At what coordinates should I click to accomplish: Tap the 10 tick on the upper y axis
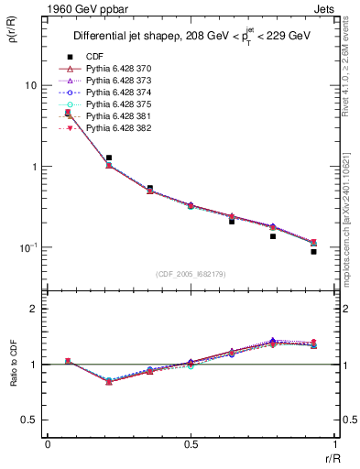(x=30, y=85)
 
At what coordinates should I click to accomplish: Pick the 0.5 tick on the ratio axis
(x=31, y=420)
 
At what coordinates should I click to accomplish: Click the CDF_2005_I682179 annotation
(x=192, y=274)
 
